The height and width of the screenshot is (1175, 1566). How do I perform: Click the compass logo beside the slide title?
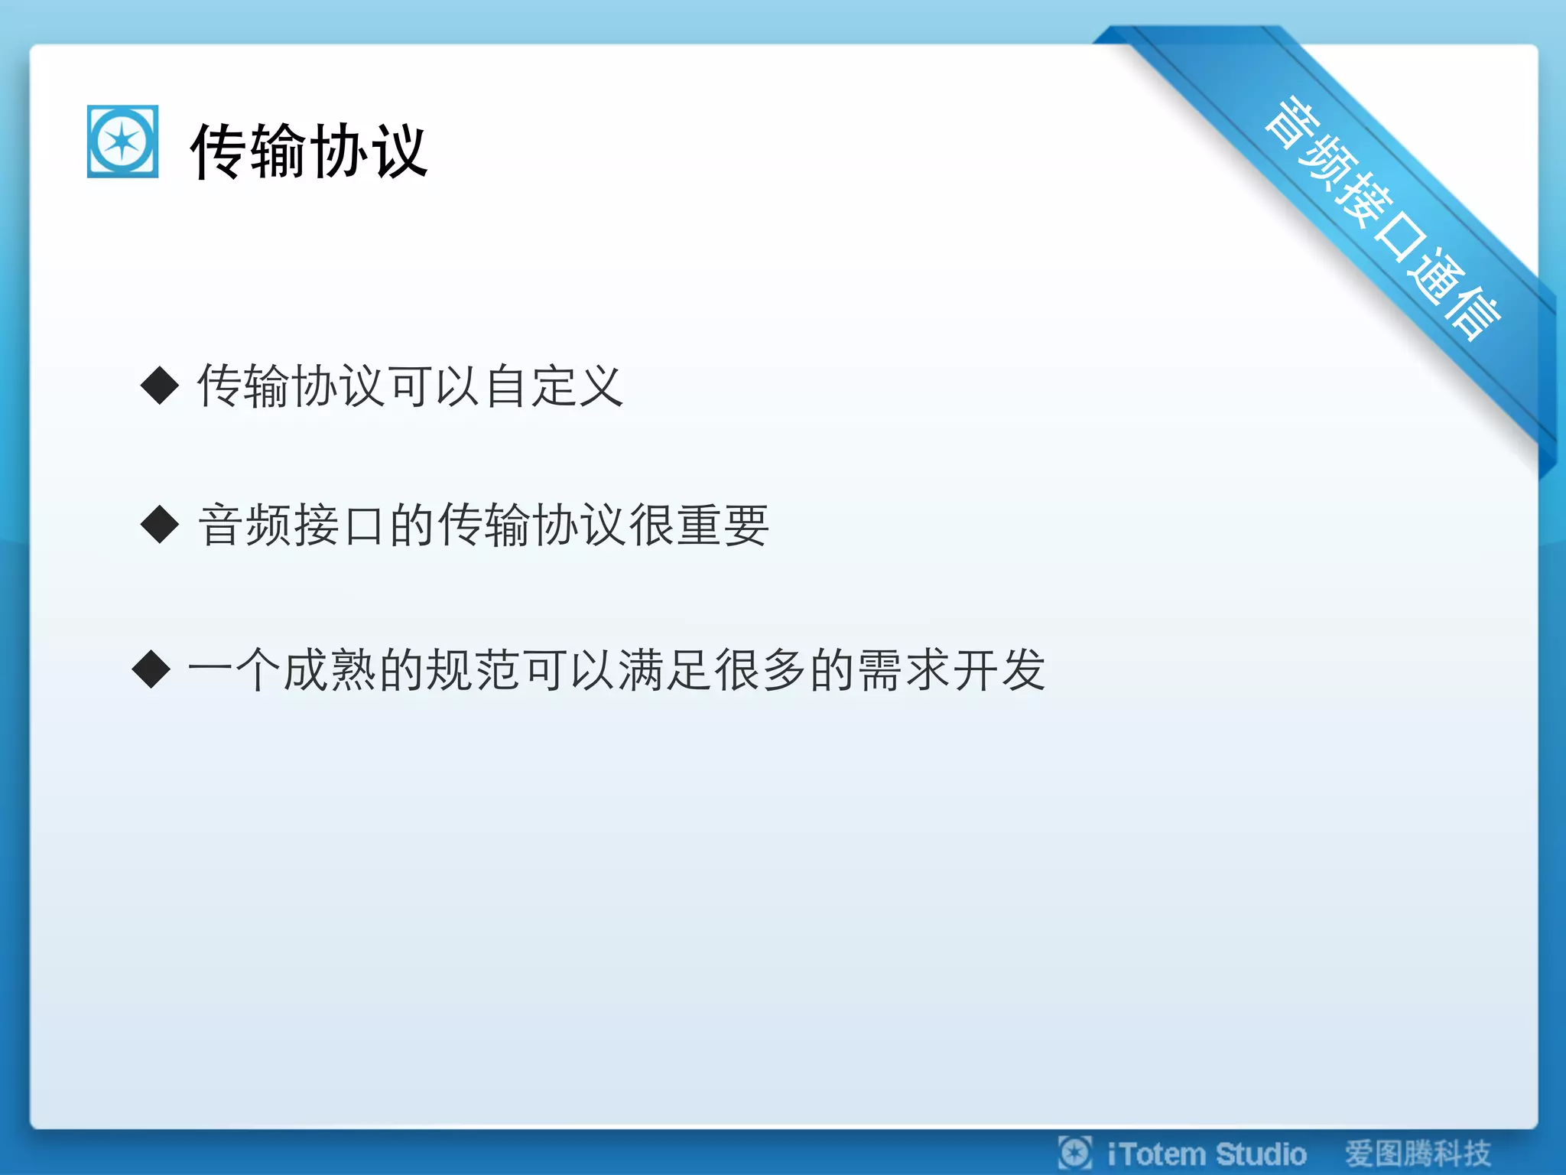click(x=122, y=142)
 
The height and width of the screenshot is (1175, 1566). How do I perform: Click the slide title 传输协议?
click(x=308, y=151)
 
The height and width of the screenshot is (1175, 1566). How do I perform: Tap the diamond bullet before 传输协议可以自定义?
click(x=160, y=385)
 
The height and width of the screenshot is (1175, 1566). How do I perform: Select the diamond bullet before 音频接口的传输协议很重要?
click(x=160, y=525)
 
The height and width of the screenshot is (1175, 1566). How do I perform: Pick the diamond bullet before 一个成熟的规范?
click(x=151, y=669)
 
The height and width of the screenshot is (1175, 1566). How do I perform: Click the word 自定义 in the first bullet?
click(x=554, y=386)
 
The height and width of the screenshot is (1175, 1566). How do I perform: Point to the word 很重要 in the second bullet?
click(x=698, y=526)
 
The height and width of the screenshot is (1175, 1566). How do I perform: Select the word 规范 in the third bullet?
click(x=450, y=670)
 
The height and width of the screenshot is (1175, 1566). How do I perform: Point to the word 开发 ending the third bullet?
click(x=999, y=670)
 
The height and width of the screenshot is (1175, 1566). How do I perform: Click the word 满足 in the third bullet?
click(x=664, y=670)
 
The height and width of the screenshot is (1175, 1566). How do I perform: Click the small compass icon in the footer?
click(x=1074, y=1153)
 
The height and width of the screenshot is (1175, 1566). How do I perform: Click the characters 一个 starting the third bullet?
click(x=234, y=670)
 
